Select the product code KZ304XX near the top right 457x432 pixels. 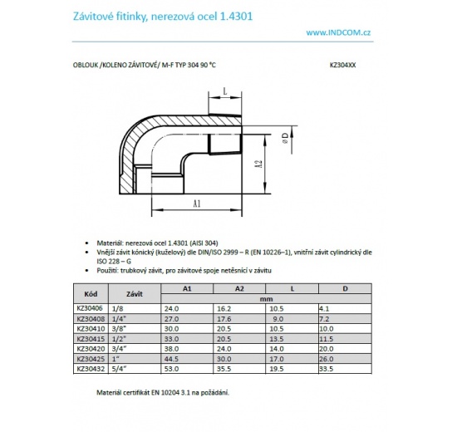click(x=343, y=63)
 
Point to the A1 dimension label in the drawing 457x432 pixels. click(x=197, y=202)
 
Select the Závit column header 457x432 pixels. click(x=134, y=293)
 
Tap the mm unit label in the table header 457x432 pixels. click(x=267, y=298)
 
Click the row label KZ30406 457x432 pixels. click(x=89, y=308)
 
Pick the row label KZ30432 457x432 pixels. click(x=89, y=368)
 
